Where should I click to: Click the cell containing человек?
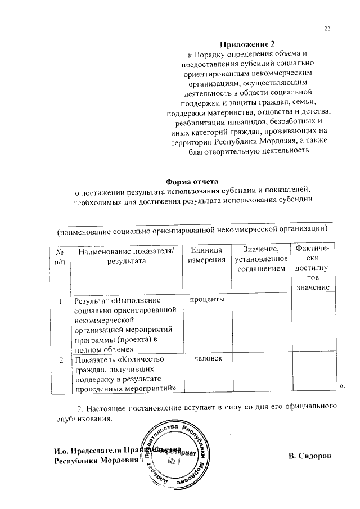tap(207, 358)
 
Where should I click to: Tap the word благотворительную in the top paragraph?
tap(217, 151)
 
